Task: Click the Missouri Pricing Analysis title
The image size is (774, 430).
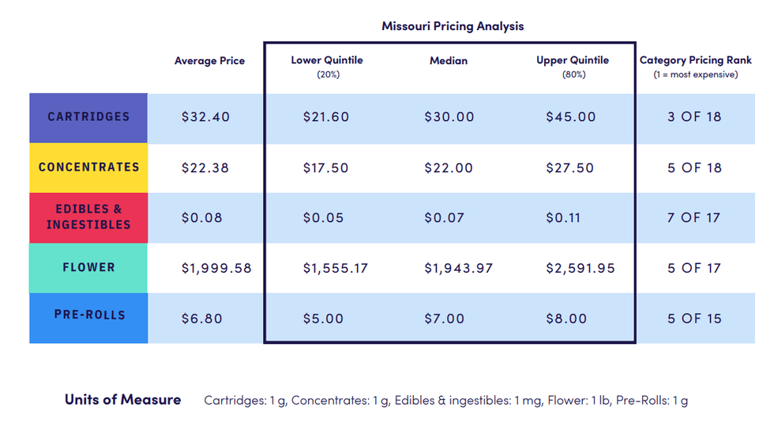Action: pyautogui.click(x=453, y=26)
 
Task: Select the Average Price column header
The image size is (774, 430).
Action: pyautogui.click(x=209, y=61)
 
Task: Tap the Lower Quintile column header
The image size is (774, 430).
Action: pyautogui.click(x=326, y=61)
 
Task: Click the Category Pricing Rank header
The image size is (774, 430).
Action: pyautogui.click(x=695, y=61)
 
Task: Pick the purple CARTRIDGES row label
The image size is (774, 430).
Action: pyautogui.click(x=88, y=117)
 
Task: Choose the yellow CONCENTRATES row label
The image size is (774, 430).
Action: pyautogui.click(x=88, y=168)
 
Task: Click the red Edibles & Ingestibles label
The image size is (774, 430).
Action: pyautogui.click(x=88, y=217)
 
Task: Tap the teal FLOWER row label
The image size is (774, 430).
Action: pyautogui.click(x=88, y=268)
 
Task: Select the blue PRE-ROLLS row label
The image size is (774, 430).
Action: pyautogui.click(x=88, y=315)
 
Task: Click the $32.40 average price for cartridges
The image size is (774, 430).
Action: pyautogui.click(x=205, y=117)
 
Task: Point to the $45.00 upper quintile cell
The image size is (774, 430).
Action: pyautogui.click(x=570, y=117)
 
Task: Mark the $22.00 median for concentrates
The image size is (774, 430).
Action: pyautogui.click(x=449, y=168)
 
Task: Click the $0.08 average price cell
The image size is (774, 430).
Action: pyautogui.click(x=201, y=218)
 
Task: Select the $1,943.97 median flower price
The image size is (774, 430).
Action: pyautogui.click(x=458, y=269)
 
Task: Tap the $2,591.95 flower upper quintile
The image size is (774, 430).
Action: pyautogui.click(x=580, y=269)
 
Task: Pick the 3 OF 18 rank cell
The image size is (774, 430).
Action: pyautogui.click(x=693, y=117)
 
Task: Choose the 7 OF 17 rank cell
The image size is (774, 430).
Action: pyautogui.click(x=693, y=218)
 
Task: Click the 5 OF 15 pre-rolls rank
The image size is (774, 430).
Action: pyautogui.click(x=693, y=319)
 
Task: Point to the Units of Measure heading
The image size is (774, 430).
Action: pyautogui.click(x=122, y=400)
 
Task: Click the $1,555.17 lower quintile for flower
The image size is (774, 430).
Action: pyautogui.click(x=336, y=269)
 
